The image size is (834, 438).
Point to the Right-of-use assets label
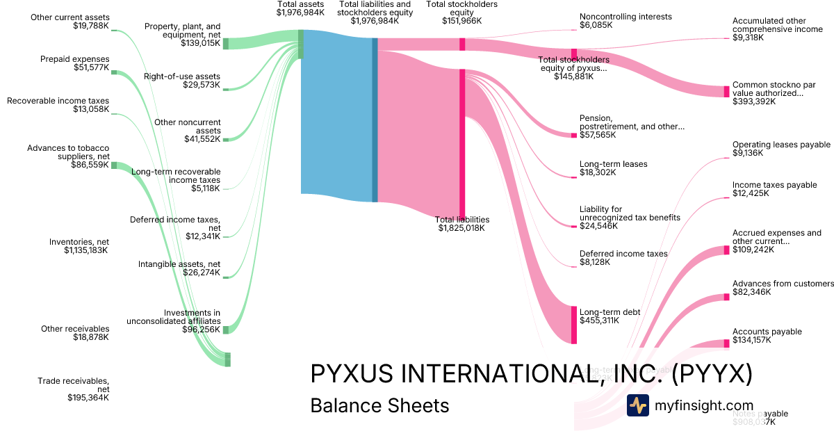[182, 81]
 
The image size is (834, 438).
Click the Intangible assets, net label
[179, 268]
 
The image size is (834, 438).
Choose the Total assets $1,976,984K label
[300, 8]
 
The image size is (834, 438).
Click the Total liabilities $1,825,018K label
[461, 223]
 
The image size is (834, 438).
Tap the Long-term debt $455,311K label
[610, 316]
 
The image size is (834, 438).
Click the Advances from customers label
[783, 288]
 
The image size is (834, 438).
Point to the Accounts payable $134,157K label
[767, 336]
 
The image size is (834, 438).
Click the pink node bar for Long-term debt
[574, 325]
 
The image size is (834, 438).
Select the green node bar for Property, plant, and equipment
[226, 44]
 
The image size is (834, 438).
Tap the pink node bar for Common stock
[727, 92]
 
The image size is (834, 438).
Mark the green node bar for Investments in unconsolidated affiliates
[225, 330]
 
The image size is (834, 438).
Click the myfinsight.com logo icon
[637, 405]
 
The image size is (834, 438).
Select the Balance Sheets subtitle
[379, 406]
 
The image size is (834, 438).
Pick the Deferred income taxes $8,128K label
[623, 258]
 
